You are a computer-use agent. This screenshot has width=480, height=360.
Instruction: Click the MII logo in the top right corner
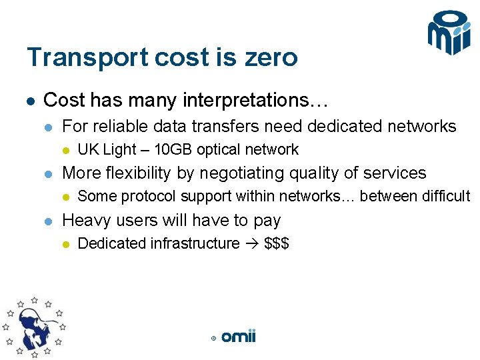coord(449,33)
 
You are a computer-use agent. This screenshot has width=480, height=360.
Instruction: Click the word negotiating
coord(239,173)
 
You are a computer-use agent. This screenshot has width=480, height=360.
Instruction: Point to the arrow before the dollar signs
coord(252,243)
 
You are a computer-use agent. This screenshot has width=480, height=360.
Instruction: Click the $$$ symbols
coord(276,243)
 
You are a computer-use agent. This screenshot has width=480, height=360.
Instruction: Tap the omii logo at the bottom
coord(238,337)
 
